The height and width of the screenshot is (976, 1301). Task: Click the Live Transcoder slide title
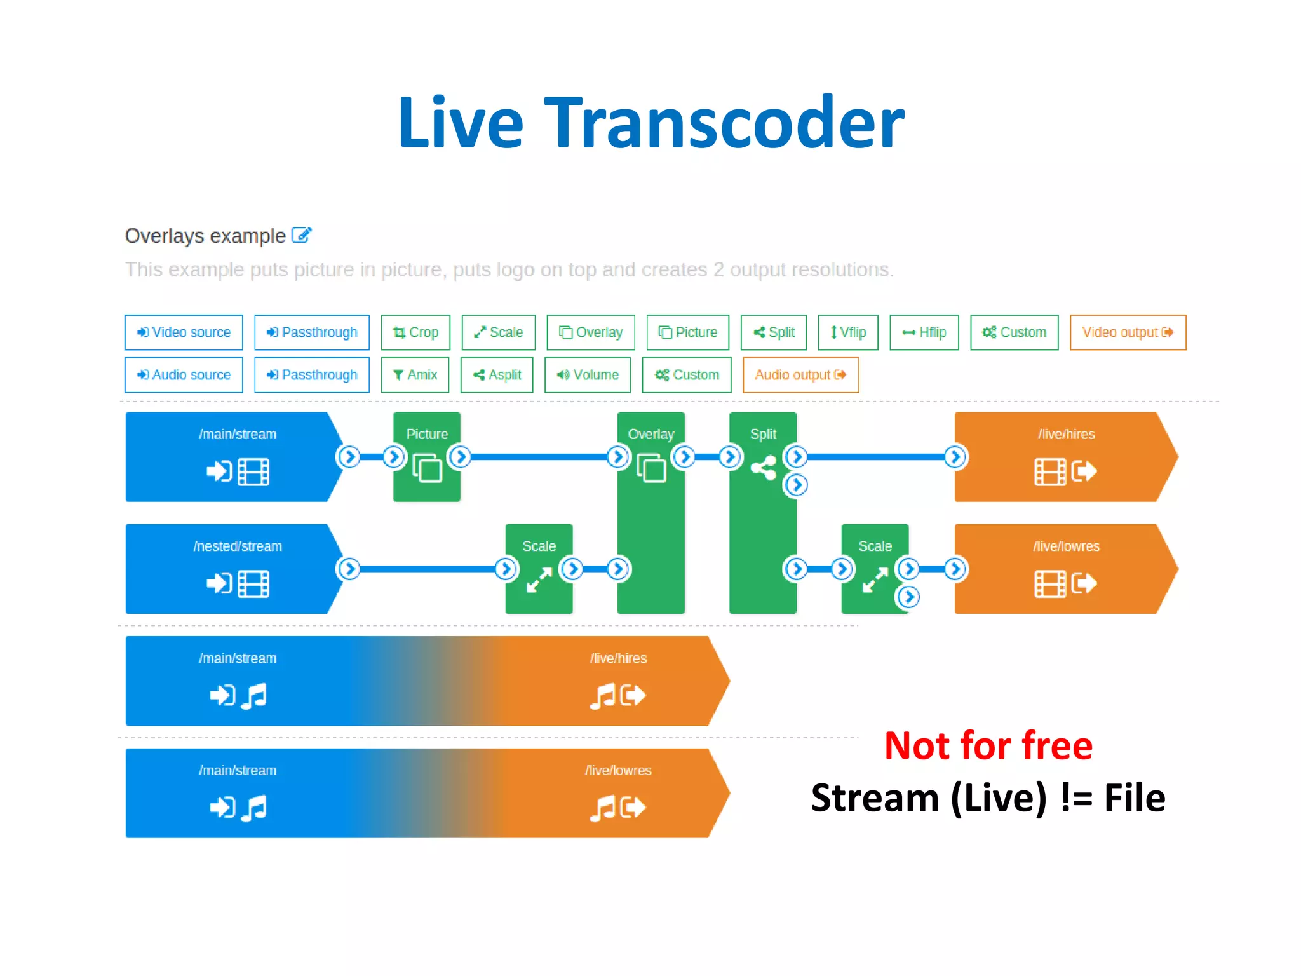point(650,122)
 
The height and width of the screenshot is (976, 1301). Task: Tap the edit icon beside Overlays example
point(301,235)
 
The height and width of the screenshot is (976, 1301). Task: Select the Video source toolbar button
point(184,332)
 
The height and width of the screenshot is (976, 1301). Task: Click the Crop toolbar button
point(415,332)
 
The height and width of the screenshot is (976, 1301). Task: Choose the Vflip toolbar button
point(848,332)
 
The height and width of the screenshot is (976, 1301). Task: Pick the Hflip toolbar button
point(924,332)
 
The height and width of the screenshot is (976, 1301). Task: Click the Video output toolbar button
point(1128,332)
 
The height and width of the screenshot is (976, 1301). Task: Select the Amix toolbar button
point(415,375)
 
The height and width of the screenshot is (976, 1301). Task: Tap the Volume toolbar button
point(588,375)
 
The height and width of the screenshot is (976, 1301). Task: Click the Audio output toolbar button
point(800,375)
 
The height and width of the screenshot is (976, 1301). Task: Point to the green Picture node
point(427,457)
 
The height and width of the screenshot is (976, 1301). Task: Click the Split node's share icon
point(764,468)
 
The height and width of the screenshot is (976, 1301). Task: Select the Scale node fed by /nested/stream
point(539,569)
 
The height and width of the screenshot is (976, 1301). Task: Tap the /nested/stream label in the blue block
point(238,546)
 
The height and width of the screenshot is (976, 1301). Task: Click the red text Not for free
point(988,745)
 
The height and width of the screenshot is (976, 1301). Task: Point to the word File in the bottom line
point(1135,798)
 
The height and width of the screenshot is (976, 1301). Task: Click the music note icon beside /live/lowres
point(602,808)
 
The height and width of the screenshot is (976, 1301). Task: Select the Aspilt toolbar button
point(497,375)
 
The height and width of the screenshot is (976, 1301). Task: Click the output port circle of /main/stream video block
point(349,457)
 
